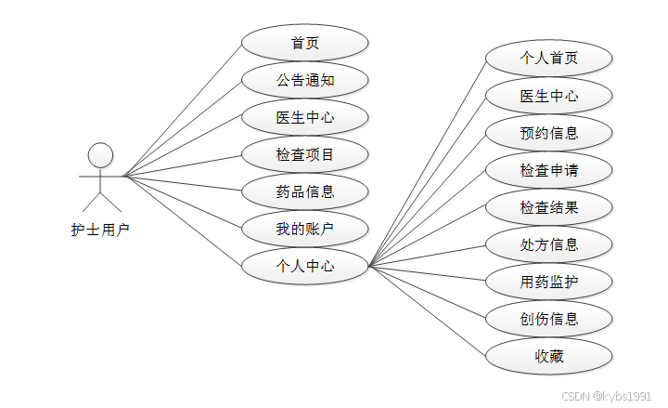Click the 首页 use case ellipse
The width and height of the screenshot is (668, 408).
click(x=304, y=43)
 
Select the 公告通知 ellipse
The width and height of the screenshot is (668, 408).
click(x=304, y=80)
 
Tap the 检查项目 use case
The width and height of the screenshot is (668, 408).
click(x=304, y=154)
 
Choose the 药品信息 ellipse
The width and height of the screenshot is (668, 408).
click(x=304, y=192)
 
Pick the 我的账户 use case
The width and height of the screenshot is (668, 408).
click(x=304, y=229)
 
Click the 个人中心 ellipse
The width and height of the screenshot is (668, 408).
click(x=304, y=267)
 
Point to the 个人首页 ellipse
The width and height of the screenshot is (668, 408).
click(x=548, y=58)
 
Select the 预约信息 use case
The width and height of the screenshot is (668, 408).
click(x=548, y=133)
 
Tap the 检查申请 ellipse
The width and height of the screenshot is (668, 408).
click(x=548, y=170)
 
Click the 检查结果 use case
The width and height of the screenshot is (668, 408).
click(x=548, y=207)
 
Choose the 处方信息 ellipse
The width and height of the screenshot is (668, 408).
click(x=548, y=244)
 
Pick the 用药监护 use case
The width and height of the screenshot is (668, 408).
click(x=548, y=282)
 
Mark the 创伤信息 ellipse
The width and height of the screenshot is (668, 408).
click(x=548, y=319)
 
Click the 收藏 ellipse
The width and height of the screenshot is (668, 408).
click(x=548, y=356)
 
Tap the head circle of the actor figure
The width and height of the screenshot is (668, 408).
click(x=100, y=154)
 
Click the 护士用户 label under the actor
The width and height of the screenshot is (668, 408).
click(x=100, y=230)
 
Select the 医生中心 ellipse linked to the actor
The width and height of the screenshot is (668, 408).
click(x=304, y=117)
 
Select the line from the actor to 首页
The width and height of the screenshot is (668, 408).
click(x=183, y=110)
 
